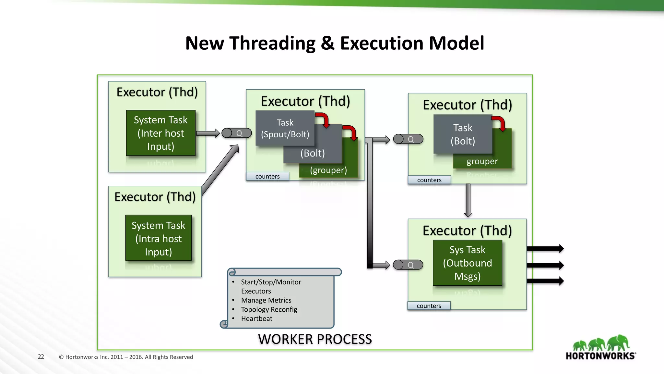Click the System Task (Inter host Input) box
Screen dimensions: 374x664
click(160, 133)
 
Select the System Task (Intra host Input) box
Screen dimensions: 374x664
click(158, 238)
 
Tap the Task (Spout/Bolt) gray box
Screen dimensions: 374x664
click(285, 128)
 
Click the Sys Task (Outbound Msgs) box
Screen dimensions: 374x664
click(467, 263)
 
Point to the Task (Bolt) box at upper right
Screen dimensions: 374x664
click(463, 134)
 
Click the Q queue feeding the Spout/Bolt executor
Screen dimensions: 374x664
click(237, 133)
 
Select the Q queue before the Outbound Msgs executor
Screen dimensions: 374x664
click(408, 265)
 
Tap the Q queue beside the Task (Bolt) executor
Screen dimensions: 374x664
click(408, 139)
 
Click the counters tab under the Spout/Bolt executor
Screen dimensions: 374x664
click(267, 176)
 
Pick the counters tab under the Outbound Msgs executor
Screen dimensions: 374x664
click(429, 306)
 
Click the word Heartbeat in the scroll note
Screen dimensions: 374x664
click(256, 318)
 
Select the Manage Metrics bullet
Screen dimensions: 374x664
click(266, 300)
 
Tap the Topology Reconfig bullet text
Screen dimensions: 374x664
click(269, 309)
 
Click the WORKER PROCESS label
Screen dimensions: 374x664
click(315, 339)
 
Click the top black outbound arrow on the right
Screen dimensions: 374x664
click(545, 249)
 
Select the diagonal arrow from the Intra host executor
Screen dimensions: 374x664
click(220, 170)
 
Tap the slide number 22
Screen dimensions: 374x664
click(41, 356)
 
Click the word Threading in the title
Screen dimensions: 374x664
click(272, 43)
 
